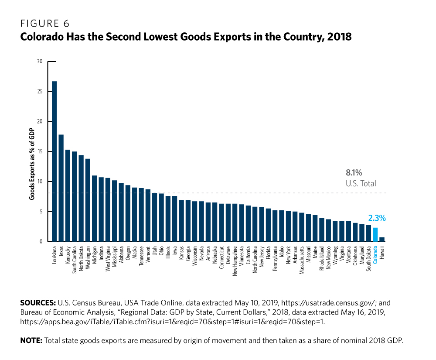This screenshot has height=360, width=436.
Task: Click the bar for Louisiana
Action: coord(54,161)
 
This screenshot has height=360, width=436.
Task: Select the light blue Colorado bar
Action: coord(375,235)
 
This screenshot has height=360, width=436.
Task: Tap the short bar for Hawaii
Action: coord(382,239)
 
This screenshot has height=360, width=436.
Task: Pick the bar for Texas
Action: coord(61,188)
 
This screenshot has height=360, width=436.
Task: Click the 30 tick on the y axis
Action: coord(40,62)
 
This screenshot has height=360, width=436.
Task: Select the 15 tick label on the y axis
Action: coord(40,151)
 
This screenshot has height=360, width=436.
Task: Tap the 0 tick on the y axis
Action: coord(41,242)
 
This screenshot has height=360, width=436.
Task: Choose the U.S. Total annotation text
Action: coord(360,184)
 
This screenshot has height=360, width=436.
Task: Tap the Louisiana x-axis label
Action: coord(54,257)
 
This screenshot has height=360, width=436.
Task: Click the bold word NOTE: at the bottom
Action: coord(31,340)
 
